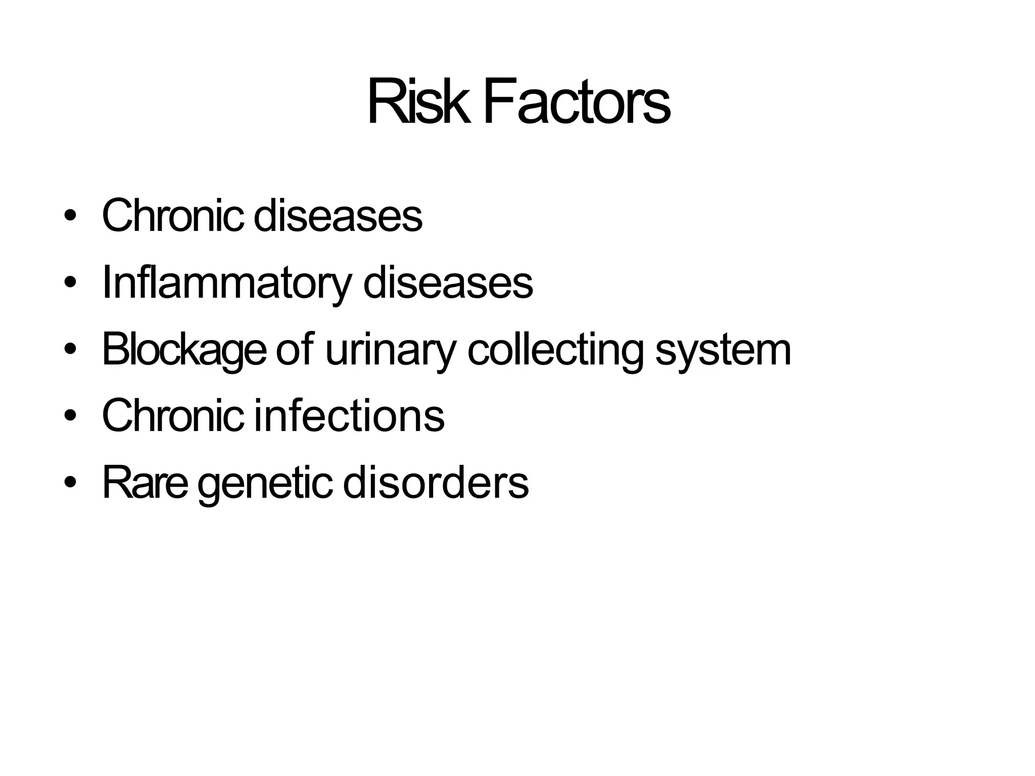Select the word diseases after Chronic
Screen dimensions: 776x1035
point(338,216)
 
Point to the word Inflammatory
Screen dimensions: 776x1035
point(226,283)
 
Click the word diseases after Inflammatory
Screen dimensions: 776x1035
point(448,283)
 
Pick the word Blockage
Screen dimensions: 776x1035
point(184,350)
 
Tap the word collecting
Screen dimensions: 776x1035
point(556,350)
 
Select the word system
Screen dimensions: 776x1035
point(723,350)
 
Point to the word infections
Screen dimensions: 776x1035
point(349,416)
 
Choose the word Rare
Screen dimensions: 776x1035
point(145,483)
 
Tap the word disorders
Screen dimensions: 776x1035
point(436,483)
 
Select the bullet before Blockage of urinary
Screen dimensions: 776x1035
point(70,350)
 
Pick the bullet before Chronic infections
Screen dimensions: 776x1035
point(70,416)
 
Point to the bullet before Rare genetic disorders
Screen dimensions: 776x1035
point(70,483)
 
